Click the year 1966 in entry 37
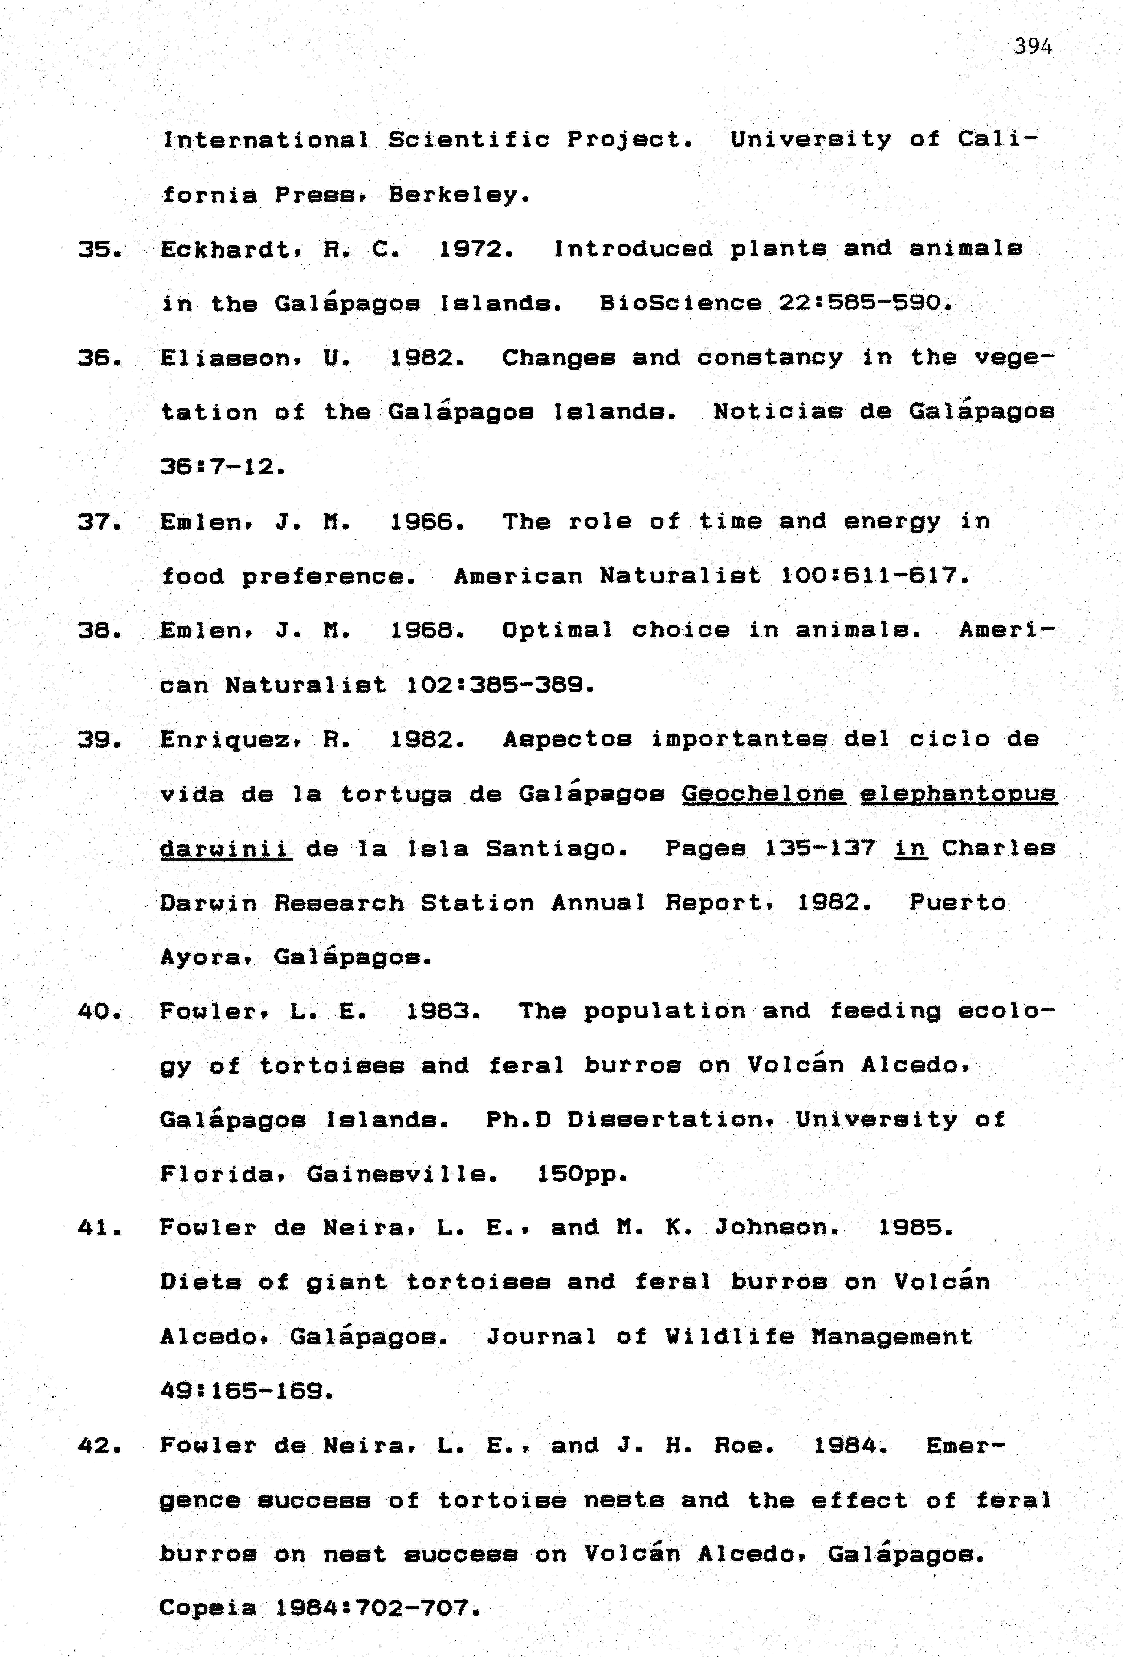point(426,522)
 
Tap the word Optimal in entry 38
point(557,630)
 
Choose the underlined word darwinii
point(225,848)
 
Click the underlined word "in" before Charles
point(910,848)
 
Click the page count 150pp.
point(581,1174)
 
